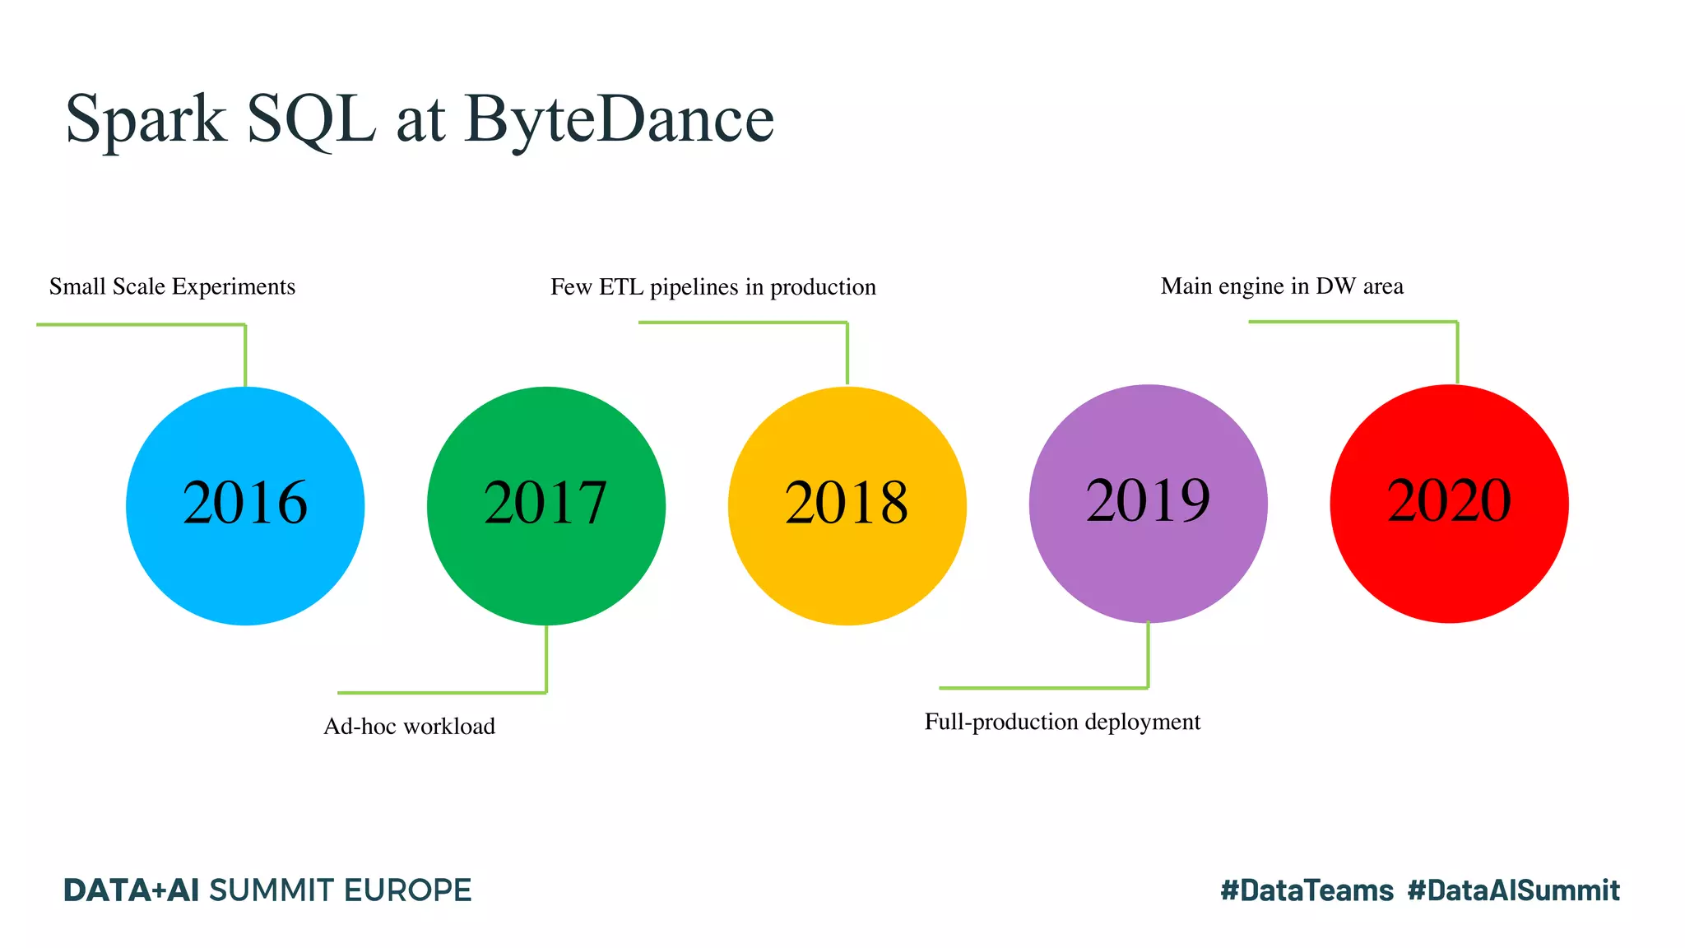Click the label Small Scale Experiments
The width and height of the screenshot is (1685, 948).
click(172, 286)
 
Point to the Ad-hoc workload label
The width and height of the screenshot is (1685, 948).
click(409, 726)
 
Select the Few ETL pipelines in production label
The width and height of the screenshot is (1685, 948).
click(713, 287)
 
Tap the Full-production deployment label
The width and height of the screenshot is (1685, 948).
click(1062, 722)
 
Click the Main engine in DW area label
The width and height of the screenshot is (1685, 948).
click(1282, 286)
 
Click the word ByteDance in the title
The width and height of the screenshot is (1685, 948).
click(620, 119)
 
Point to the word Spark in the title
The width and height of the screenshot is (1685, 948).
click(146, 119)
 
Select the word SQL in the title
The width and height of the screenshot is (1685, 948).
click(311, 119)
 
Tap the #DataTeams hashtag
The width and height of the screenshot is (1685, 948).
click(1307, 890)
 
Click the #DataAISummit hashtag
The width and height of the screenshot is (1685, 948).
click(1514, 890)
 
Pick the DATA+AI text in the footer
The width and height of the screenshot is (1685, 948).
click(131, 890)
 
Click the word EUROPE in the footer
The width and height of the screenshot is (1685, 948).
click(407, 890)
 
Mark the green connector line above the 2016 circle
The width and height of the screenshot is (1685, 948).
click(245, 354)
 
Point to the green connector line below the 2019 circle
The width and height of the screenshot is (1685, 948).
click(1148, 655)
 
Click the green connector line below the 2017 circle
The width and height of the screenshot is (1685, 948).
click(546, 658)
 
